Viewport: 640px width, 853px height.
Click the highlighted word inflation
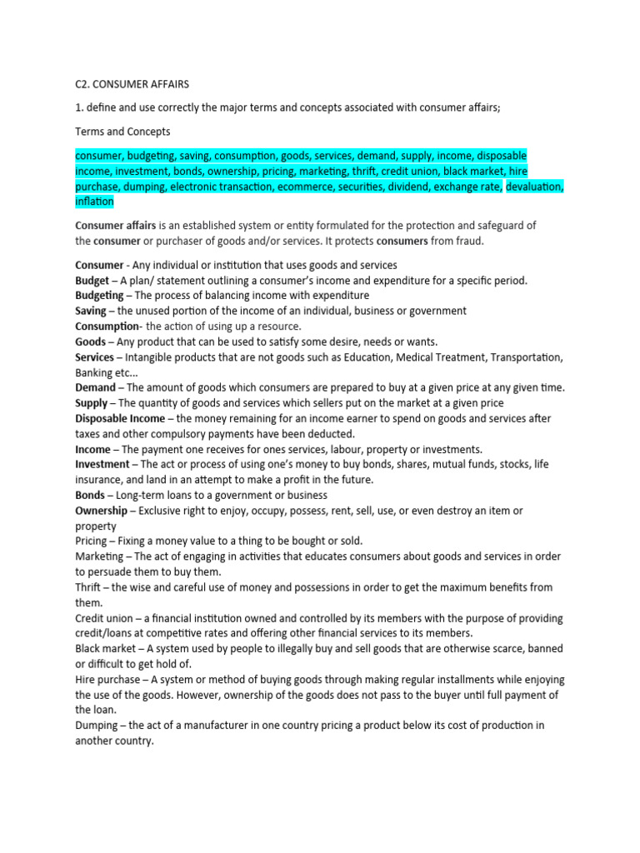pyautogui.click(x=94, y=202)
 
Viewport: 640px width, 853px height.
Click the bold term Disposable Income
pyautogui.click(x=120, y=418)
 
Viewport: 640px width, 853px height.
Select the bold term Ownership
pyautogui.click(x=101, y=510)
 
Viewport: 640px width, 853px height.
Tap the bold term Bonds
pyautogui.click(x=90, y=495)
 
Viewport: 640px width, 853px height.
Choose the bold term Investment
pyautogui.click(x=102, y=464)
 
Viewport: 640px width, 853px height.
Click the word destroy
pyautogui.click(x=453, y=510)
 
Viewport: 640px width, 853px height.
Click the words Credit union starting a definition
pyautogui.click(x=103, y=618)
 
